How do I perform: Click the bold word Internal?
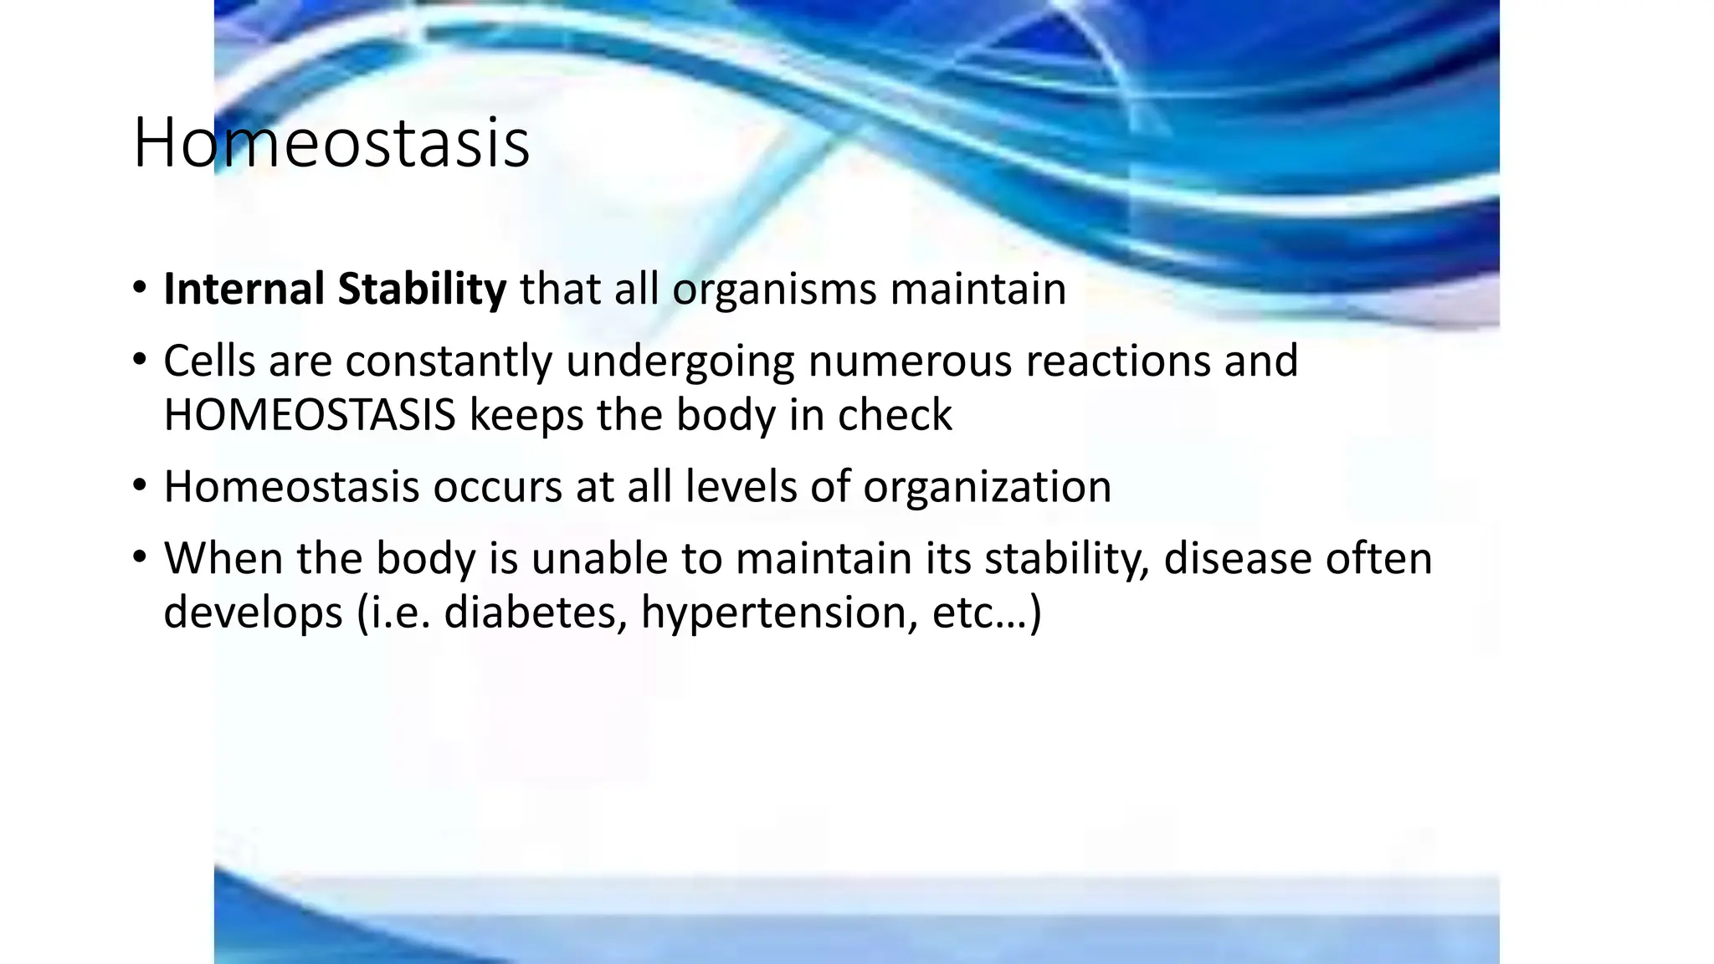click(244, 290)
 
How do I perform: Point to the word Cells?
click(208, 361)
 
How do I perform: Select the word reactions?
click(1117, 361)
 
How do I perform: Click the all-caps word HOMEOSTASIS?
click(309, 416)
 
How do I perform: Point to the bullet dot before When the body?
click(139, 557)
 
